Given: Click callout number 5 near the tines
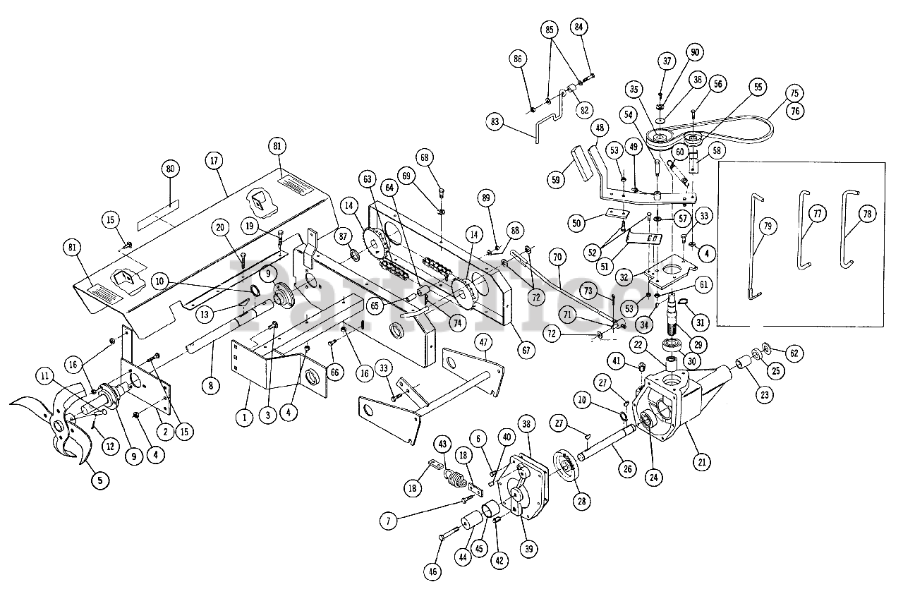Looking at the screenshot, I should pos(99,480).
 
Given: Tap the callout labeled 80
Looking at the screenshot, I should pos(170,169).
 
